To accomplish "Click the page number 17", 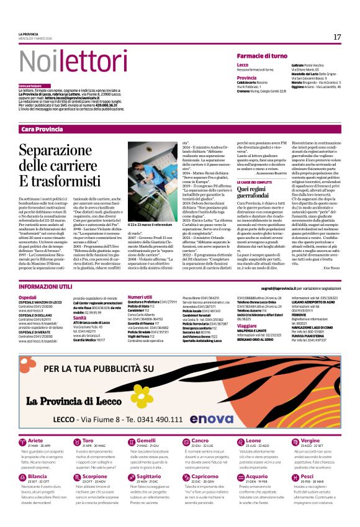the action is pyautogui.click(x=337, y=37).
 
